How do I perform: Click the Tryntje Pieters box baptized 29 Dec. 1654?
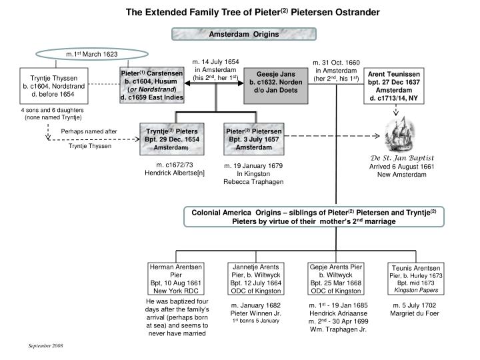[x=173, y=139]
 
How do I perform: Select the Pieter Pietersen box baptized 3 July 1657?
[x=253, y=139]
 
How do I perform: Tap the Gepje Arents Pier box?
[x=335, y=279]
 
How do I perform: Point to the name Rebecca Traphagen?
[x=253, y=182]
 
